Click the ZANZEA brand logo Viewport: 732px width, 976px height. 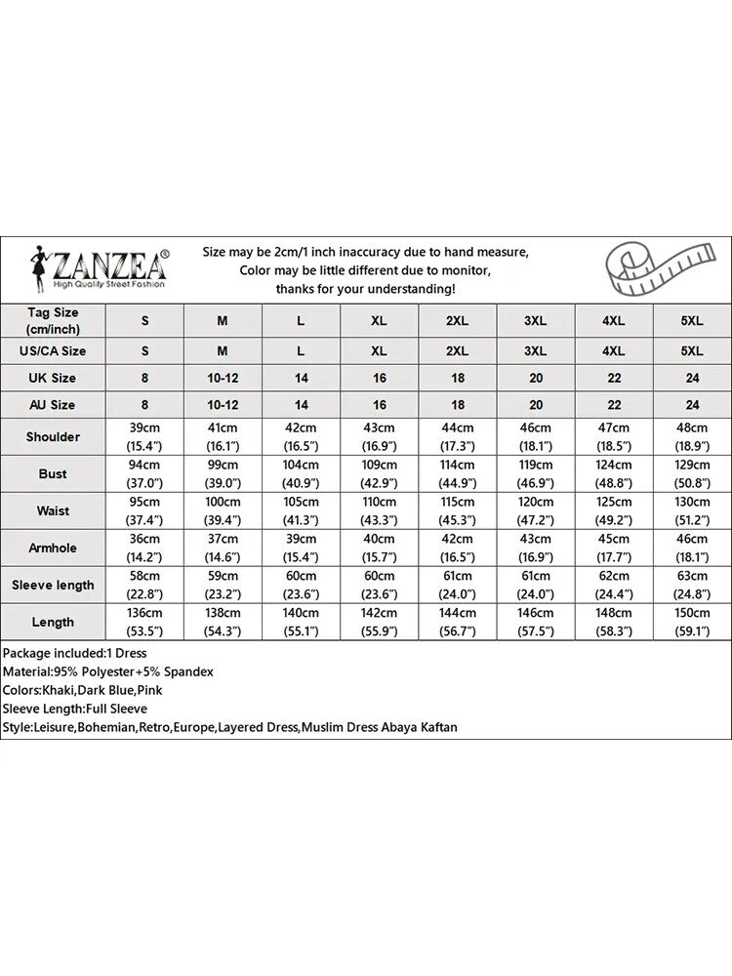pos(98,267)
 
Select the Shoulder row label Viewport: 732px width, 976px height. pos(54,436)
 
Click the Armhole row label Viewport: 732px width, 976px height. pos(54,548)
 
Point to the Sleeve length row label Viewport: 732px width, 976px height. pos(54,585)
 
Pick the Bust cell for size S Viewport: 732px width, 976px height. pos(144,473)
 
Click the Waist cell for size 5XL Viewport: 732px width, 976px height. pos(692,510)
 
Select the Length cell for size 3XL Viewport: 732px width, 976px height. pos(535,622)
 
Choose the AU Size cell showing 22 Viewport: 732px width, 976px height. pos(614,404)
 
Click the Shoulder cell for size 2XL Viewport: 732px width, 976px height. pos(457,436)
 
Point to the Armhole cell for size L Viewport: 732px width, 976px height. pos(301,548)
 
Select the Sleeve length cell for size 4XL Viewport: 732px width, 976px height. pos(614,585)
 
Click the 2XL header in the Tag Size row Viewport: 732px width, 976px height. pos(457,320)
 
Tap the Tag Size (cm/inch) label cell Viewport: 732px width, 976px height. pos(54,320)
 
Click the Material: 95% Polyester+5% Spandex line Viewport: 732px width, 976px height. pos(108,671)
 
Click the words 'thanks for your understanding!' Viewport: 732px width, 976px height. pos(365,289)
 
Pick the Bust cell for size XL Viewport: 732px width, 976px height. pos(379,473)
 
